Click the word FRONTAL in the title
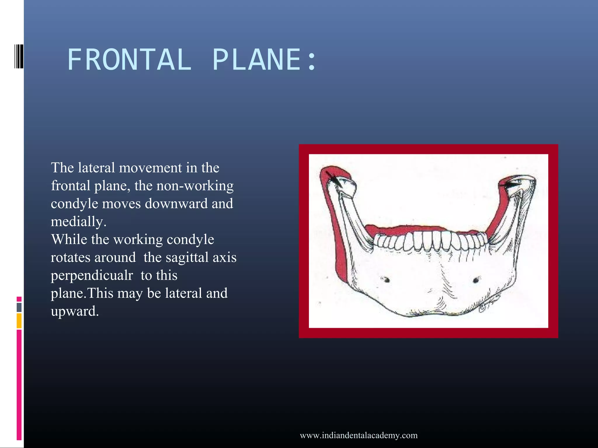point(129,60)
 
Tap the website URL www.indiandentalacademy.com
point(359,435)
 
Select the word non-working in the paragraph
point(195,186)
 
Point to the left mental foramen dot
point(386,280)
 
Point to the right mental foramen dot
point(476,280)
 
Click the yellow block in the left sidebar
point(19,321)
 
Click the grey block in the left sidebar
point(19,307)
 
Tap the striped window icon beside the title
point(19,56)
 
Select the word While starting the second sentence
point(69,240)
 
